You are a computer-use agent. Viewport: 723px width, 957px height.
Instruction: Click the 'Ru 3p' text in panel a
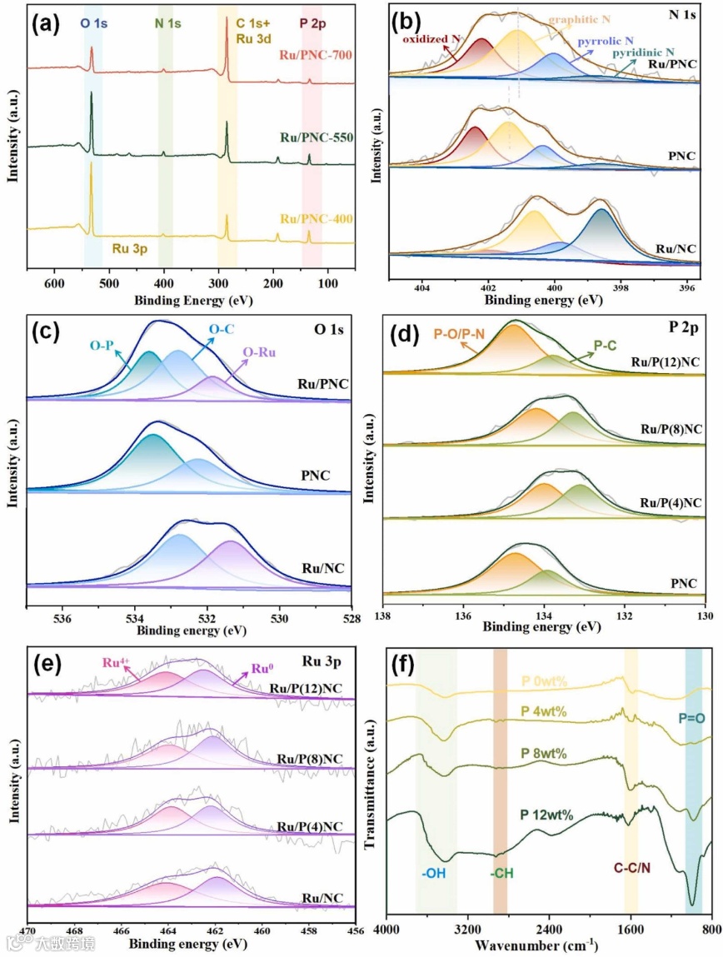132,247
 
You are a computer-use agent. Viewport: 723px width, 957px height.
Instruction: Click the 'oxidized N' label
431,38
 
